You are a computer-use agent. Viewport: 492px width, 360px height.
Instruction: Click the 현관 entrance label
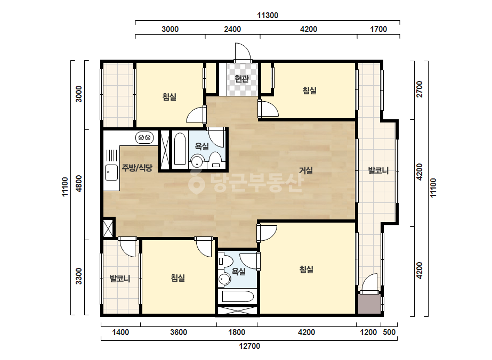pos(241,78)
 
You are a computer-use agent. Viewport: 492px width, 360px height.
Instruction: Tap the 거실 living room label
pos(305,170)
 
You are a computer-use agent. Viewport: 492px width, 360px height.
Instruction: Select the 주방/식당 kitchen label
pos(137,168)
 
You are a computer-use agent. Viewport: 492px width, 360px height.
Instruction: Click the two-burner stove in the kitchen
pos(144,137)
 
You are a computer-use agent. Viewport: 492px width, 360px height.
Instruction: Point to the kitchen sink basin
pos(111,173)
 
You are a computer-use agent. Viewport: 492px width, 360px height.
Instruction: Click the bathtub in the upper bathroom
pos(180,149)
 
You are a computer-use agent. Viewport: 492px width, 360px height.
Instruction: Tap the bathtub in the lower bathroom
pos(238,297)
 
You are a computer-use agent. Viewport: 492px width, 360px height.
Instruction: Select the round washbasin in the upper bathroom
pos(197,162)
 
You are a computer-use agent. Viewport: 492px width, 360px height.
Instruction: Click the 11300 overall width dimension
pos(268,15)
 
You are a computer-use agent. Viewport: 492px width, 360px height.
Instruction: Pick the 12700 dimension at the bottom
pos(249,346)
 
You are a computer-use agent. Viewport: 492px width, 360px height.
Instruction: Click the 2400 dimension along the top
pos(232,29)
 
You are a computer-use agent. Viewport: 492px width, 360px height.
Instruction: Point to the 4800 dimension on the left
pos(79,184)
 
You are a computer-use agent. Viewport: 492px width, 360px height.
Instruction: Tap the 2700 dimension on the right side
pos(420,89)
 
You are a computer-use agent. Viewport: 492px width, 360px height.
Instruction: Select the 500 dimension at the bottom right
pos(389,332)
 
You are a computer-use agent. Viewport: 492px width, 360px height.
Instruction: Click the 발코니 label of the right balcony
pos(378,170)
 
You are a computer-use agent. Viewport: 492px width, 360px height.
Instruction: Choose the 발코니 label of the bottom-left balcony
pos(120,279)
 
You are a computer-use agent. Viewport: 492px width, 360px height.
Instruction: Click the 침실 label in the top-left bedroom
pos(169,96)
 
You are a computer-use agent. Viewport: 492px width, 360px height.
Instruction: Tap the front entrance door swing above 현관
pos(243,52)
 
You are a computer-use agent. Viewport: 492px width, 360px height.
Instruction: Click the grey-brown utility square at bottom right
pos(369,304)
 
